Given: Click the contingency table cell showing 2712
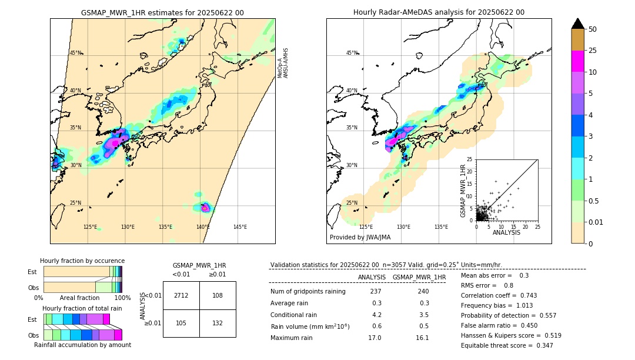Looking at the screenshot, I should pos(181,295).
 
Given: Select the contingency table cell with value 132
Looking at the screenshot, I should pos(218,323).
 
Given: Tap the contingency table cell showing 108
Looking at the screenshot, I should pos(218,295).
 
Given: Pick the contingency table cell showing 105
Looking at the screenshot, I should pos(181,323).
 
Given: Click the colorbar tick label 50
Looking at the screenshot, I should pos(593,29).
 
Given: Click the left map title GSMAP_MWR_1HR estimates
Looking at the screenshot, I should pos(162,12).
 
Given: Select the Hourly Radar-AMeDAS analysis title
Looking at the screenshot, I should pos(439,12).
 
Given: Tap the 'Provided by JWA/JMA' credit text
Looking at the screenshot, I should pos(360,237).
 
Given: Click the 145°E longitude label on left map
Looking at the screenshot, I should pos(240,227).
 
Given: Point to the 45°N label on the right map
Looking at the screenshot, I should pos(352,53).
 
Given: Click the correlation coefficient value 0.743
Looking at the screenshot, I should pos(524,295).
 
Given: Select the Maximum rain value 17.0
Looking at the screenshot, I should pos(375,338).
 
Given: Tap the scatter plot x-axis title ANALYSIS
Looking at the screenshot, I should pos(506,233).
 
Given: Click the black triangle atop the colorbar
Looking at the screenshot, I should pos(578,24).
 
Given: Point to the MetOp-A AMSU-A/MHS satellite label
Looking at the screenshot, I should pos(283,63).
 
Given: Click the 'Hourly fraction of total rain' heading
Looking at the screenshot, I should pos(82,308).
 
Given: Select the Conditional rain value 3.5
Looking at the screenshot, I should pos(423,315).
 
